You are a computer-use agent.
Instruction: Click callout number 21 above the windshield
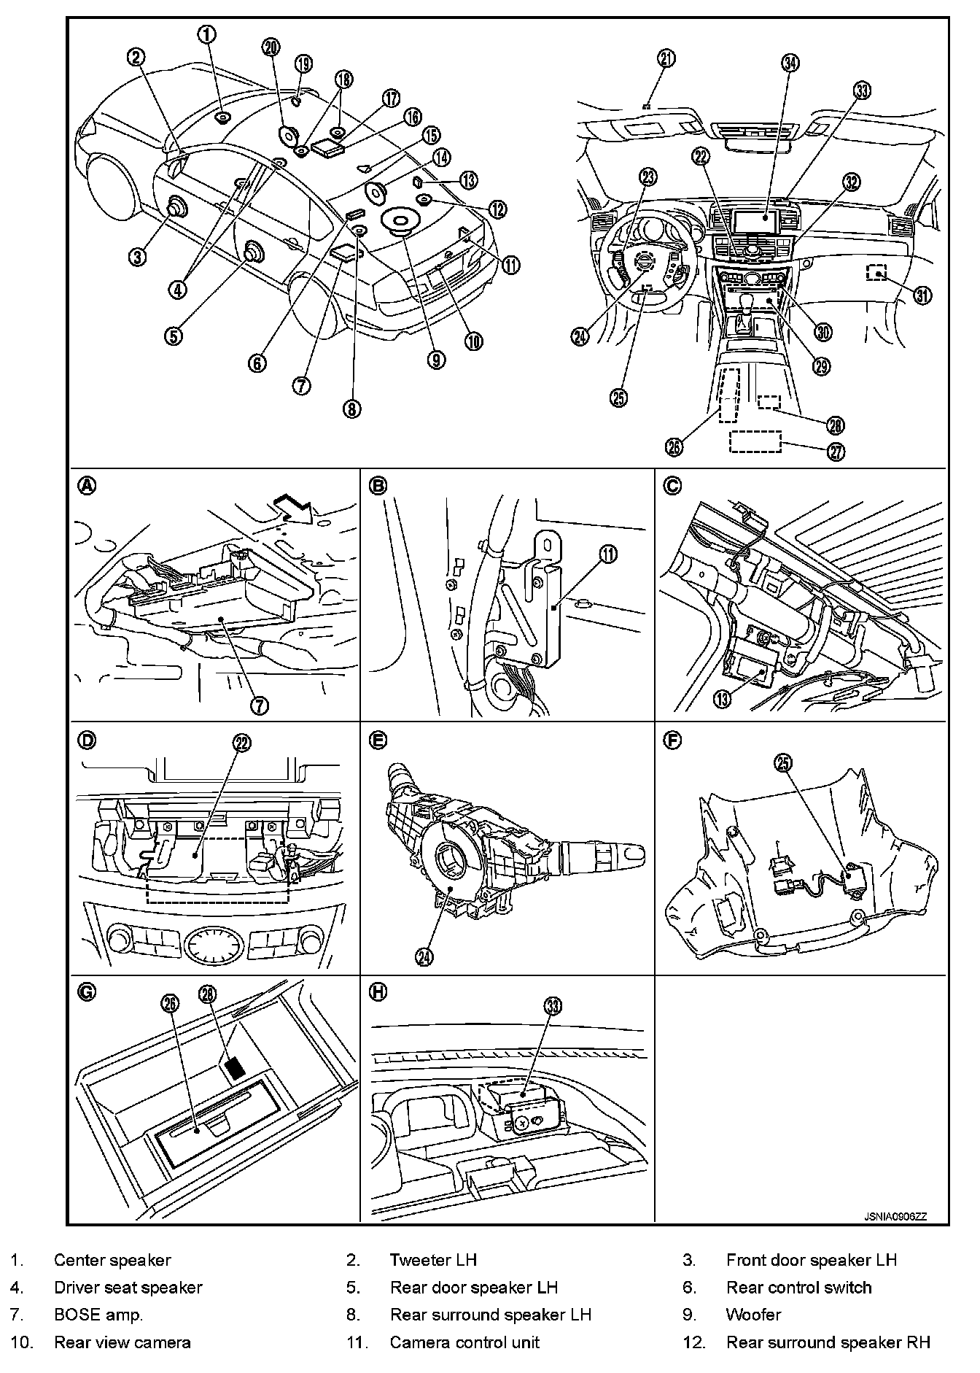click(666, 59)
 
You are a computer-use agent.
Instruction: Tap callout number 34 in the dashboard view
click(790, 63)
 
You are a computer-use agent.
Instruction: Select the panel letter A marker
click(87, 484)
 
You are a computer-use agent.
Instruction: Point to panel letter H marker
click(378, 991)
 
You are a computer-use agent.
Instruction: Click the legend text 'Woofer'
click(753, 1315)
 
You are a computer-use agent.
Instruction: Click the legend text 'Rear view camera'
click(122, 1342)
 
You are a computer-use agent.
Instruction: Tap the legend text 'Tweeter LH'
click(433, 1260)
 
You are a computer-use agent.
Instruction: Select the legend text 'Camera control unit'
click(464, 1342)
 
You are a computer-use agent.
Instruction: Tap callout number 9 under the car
click(436, 359)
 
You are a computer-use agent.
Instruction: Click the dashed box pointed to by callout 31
click(877, 274)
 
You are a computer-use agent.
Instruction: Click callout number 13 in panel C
click(722, 700)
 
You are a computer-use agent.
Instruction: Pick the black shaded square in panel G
click(235, 1068)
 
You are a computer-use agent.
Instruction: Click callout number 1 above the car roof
click(209, 34)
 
